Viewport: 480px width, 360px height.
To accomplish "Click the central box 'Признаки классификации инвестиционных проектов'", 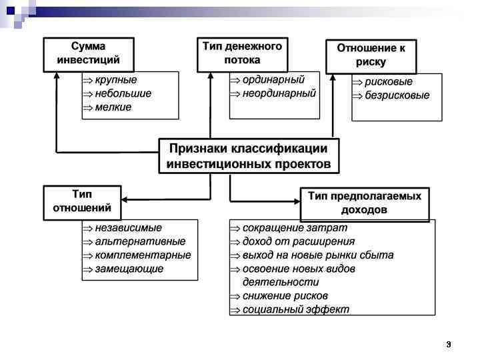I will click(x=248, y=156).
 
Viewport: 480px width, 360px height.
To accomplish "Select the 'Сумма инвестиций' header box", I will click(x=88, y=54).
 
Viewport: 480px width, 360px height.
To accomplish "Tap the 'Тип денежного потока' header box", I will click(x=242, y=54).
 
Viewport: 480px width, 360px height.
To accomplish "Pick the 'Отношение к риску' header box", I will click(x=371, y=55).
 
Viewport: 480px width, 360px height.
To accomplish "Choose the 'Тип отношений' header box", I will click(x=82, y=202).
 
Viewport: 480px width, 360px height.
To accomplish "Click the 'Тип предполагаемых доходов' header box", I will click(x=364, y=203).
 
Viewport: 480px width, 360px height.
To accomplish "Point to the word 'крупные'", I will click(x=116, y=80).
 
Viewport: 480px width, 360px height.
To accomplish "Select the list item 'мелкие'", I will click(x=113, y=107).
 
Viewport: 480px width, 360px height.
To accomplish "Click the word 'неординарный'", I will click(x=279, y=93).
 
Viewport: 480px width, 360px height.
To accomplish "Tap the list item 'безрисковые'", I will click(x=397, y=95).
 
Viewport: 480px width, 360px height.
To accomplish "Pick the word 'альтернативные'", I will click(x=140, y=242).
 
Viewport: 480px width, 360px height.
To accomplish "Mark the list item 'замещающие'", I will click(x=129, y=269).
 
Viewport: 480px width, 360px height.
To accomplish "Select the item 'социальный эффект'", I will click(x=295, y=309).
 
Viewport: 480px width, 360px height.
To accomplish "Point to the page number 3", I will click(x=448, y=345).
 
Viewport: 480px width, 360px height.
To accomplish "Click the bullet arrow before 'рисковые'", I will click(x=358, y=82).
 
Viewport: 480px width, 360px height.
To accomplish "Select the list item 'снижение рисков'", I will click(x=285, y=296).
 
